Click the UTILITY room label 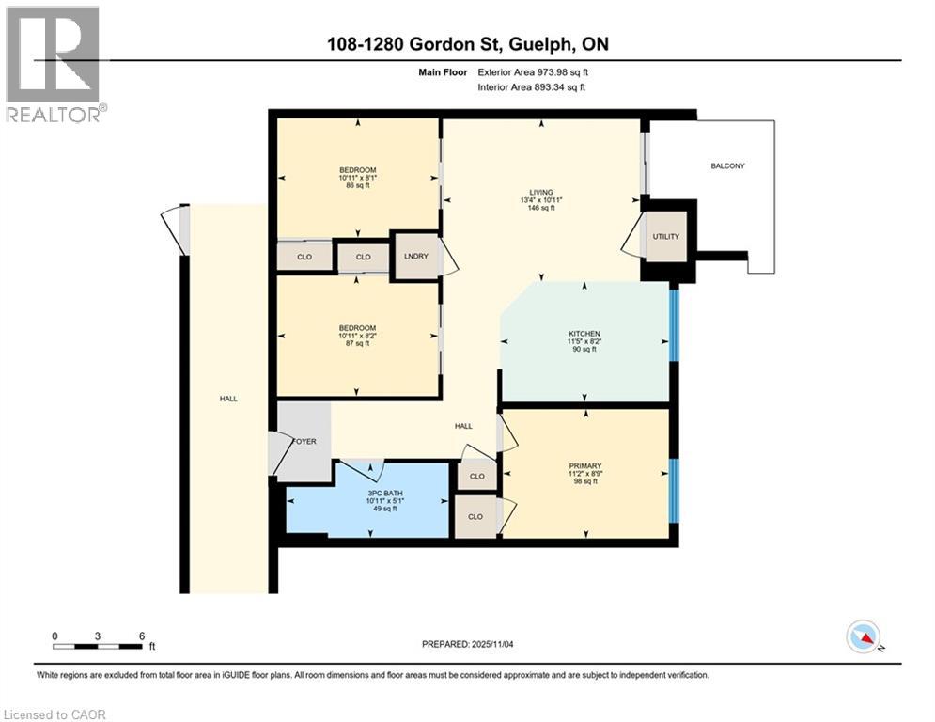(x=665, y=238)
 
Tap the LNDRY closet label (x=416, y=257)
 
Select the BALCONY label (x=727, y=166)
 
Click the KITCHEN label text (x=583, y=334)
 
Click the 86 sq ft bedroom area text (x=357, y=186)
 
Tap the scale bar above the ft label (x=98, y=646)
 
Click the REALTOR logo (x=54, y=64)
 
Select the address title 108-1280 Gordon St (x=466, y=44)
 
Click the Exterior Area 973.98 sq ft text (x=534, y=71)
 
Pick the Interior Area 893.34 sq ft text (x=533, y=87)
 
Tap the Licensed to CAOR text (x=55, y=714)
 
